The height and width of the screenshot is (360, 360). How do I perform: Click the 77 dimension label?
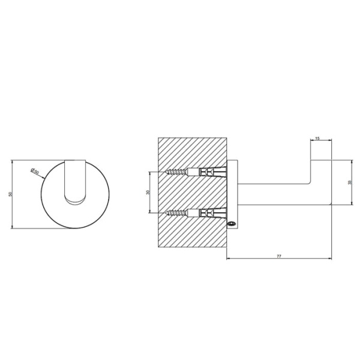coord(279,256)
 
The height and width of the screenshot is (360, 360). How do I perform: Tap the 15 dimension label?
coord(317,138)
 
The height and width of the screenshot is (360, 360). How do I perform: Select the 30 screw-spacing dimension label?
coord(148,193)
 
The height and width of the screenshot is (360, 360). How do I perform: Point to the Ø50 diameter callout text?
coord(35,171)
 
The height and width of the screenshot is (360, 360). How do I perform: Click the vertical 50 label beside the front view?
coord(10,194)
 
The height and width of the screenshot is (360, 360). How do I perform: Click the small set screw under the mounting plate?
coord(231,223)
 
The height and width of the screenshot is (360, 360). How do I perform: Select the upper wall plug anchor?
coord(206,172)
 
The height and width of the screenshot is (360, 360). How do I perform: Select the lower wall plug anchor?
coord(206,213)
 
